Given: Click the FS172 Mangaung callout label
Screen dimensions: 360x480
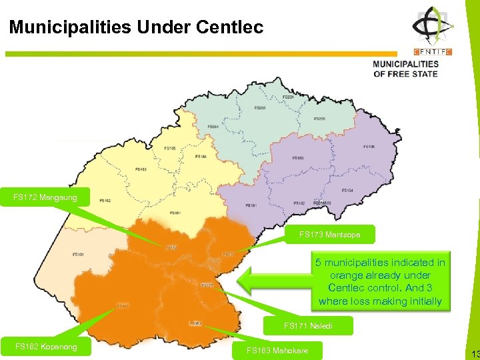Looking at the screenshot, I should point(45,197).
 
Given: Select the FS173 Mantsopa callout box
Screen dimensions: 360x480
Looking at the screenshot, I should point(329,235).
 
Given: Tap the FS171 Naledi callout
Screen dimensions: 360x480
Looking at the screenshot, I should point(308,326).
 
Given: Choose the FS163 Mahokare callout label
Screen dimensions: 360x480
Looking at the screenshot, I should point(277,351).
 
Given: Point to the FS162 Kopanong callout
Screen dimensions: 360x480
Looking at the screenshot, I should point(46,347).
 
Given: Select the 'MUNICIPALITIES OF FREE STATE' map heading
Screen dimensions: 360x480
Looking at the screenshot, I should point(405,69).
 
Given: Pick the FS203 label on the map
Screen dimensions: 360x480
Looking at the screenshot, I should point(261,107).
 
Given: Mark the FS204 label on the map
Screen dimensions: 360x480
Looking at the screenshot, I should point(288,97).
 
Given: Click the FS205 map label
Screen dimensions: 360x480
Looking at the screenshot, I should point(320,119).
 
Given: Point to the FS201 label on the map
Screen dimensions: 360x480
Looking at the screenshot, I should point(213,127).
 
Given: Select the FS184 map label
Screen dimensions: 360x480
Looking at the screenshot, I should point(201,157).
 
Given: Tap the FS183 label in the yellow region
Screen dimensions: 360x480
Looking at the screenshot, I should point(141,169).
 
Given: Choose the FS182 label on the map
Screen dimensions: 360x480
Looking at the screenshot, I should point(105,200).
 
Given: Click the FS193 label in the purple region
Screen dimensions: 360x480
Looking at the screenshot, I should point(298,158).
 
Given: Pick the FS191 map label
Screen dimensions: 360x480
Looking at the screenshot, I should point(251,206).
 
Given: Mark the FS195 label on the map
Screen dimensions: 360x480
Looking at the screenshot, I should point(369,147).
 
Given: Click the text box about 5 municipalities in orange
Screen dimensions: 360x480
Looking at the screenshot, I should point(380,282).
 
